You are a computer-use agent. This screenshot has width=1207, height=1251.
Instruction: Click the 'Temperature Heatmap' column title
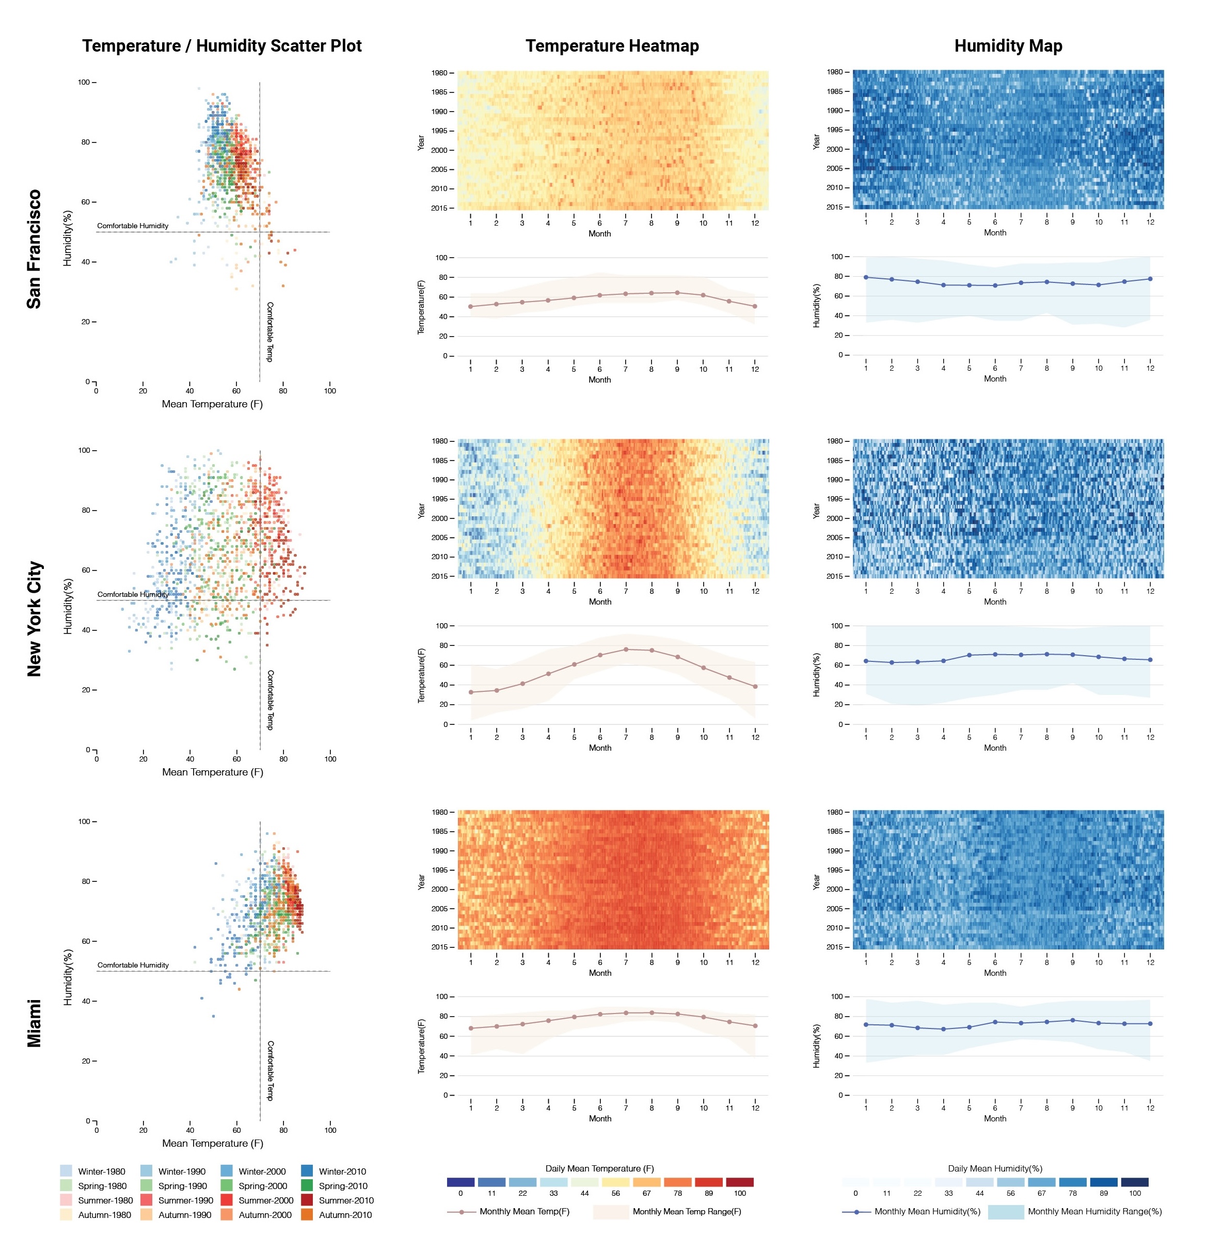pyautogui.click(x=611, y=46)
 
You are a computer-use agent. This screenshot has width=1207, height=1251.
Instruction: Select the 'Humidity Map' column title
pyautogui.click(x=1007, y=46)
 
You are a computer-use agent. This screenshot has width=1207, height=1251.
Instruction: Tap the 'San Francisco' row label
pyautogui.click(x=34, y=249)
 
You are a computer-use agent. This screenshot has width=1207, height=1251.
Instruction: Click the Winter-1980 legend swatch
pyautogui.click(x=66, y=1170)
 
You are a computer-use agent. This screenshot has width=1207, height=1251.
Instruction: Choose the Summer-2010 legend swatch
pyautogui.click(x=306, y=1200)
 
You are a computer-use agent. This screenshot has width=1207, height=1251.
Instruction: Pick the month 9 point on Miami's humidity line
pyautogui.click(x=1072, y=1020)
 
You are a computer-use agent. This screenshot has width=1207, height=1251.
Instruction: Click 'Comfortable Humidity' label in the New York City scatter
pyautogui.click(x=133, y=594)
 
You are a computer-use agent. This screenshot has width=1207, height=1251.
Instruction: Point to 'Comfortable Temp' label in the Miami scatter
pyautogui.click(x=270, y=1070)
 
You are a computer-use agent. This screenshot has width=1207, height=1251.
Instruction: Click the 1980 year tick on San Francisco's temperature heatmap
pyautogui.click(x=439, y=73)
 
